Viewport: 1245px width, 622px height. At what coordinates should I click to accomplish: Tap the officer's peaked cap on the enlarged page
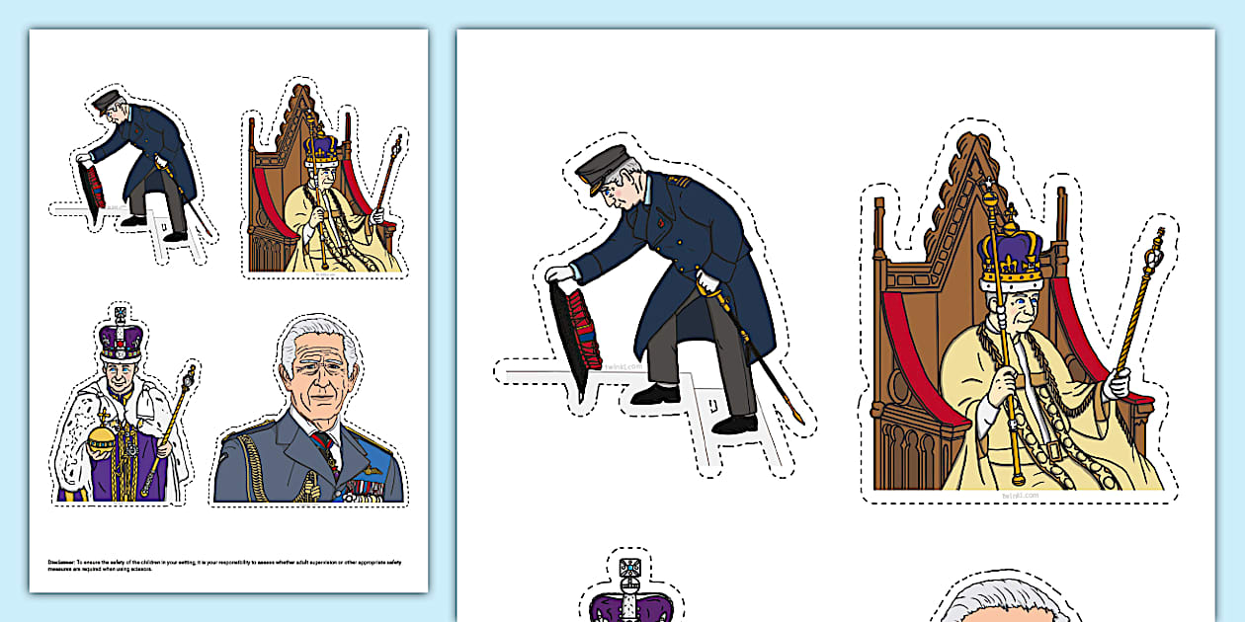click(x=605, y=168)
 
